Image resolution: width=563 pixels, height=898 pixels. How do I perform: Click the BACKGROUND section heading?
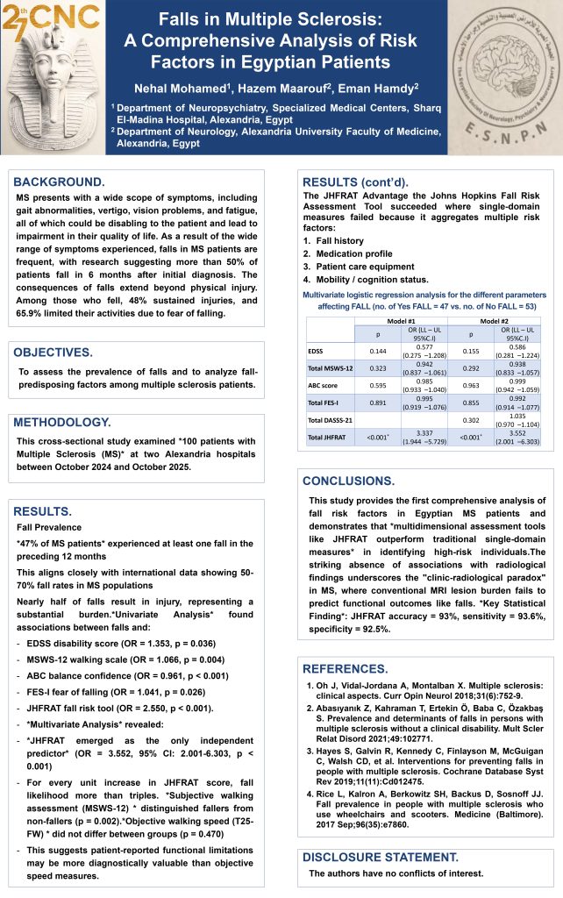pyautogui.click(x=59, y=182)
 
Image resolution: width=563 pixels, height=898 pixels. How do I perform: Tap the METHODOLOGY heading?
pyautogui.click(x=67, y=423)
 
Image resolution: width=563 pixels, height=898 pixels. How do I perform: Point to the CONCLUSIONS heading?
pyautogui.click(x=353, y=481)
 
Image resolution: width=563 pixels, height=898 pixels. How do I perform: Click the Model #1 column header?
pyautogui.click(x=401, y=323)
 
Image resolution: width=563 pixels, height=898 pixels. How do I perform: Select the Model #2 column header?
pyautogui.click(x=494, y=323)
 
